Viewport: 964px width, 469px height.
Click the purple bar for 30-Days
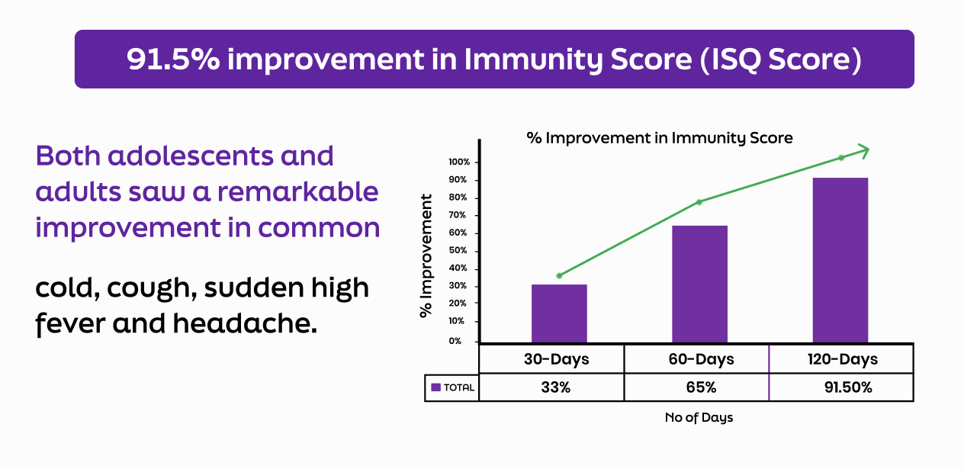[559, 313]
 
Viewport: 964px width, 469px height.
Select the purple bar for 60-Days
[700, 284]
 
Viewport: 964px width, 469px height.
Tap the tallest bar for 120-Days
[840, 260]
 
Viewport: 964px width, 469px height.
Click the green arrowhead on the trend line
[863, 150]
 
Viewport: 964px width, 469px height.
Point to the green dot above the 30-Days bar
[559, 275]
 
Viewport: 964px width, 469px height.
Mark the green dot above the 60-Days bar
[699, 202]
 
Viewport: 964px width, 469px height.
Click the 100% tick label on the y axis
[459, 162]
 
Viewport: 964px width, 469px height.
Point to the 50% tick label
[458, 250]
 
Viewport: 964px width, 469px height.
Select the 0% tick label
[455, 341]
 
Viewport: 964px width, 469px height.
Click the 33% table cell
[555, 387]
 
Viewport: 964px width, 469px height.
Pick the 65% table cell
[701, 387]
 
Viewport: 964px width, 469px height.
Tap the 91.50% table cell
[848, 387]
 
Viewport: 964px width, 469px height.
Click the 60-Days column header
[701, 359]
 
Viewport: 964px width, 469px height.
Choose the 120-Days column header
[842, 359]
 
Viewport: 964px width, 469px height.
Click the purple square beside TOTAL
[436, 387]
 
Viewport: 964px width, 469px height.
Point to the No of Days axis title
[699, 417]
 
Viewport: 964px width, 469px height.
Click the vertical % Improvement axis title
[426, 256]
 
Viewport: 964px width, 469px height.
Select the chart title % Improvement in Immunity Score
[660, 138]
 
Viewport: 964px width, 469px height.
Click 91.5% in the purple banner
[173, 59]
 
